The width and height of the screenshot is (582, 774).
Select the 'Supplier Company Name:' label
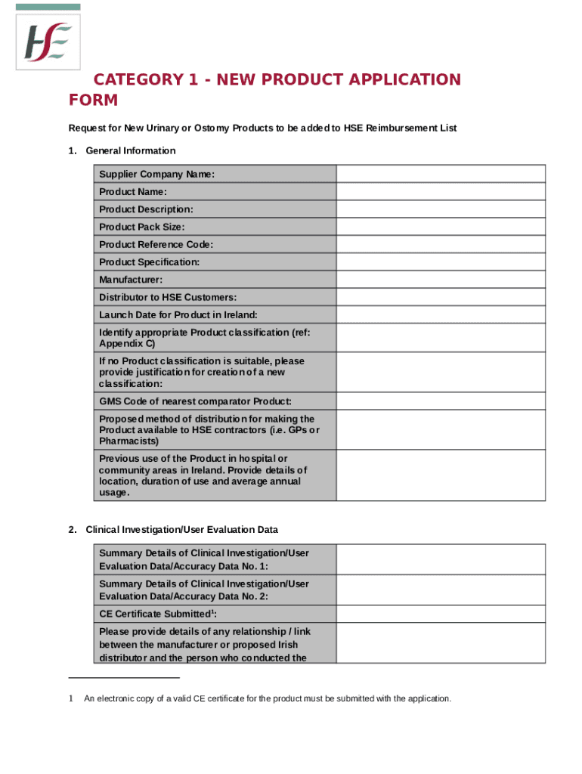pos(156,175)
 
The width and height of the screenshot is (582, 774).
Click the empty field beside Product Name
pos(440,192)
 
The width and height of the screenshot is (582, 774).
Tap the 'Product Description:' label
pos(146,209)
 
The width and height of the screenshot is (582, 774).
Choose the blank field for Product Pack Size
pos(440,227)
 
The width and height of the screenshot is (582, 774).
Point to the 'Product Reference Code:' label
pos(156,244)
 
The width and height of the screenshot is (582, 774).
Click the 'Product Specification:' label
pos(149,262)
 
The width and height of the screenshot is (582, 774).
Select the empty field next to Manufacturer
pos(440,280)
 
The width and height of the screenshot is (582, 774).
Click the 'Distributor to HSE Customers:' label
pos(168,297)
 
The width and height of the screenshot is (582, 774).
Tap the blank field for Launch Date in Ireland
pos(440,314)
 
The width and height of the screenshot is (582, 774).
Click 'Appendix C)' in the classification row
pos(127,344)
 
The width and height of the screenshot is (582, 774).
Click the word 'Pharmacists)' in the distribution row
pos(128,441)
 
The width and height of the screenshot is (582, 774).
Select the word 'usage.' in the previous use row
pos(114,493)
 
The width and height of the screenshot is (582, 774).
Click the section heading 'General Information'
pos(130,150)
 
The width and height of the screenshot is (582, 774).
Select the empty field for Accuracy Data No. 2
pos(440,590)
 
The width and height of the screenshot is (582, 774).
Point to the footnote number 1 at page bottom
pos(70,698)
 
